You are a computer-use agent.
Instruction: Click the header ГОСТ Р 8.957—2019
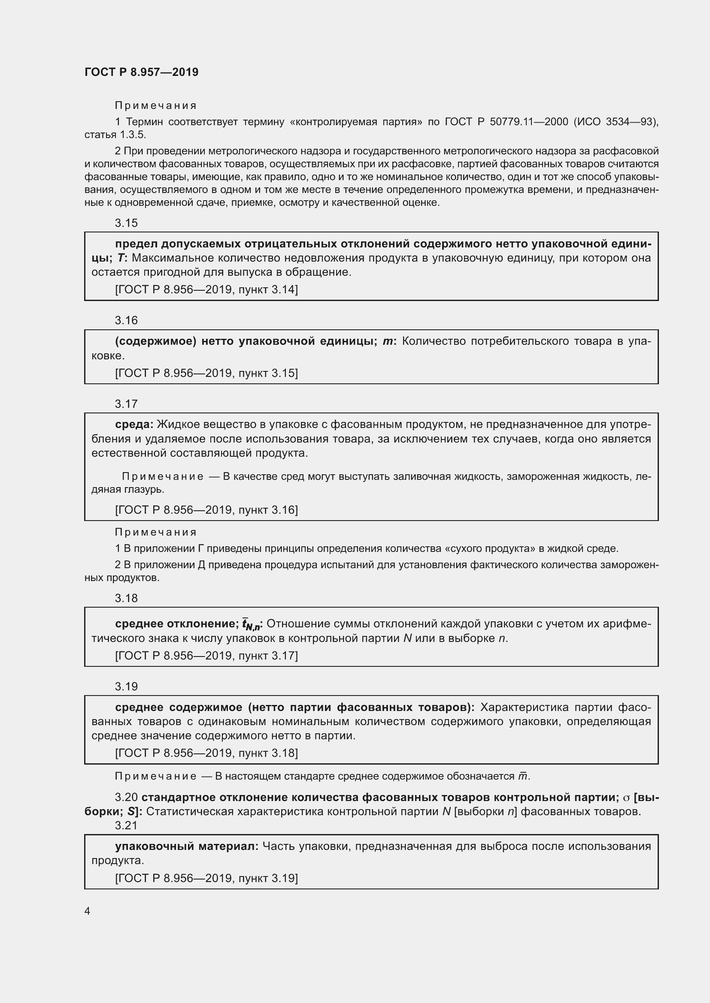coord(141,72)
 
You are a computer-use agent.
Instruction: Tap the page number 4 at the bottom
coord(88,911)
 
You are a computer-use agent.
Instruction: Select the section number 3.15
coord(126,223)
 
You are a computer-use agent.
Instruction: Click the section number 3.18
coord(126,598)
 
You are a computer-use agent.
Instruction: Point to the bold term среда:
coord(134,424)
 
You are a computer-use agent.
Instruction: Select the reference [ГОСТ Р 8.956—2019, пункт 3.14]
coord(206,289)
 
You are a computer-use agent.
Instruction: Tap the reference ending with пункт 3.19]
coord(206,878)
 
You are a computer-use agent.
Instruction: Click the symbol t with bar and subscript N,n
coord(251,625)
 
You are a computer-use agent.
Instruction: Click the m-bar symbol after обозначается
coord(522,776)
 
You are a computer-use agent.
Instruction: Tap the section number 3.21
coord(126,825)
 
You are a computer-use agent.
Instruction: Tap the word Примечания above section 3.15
coord(156,106)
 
